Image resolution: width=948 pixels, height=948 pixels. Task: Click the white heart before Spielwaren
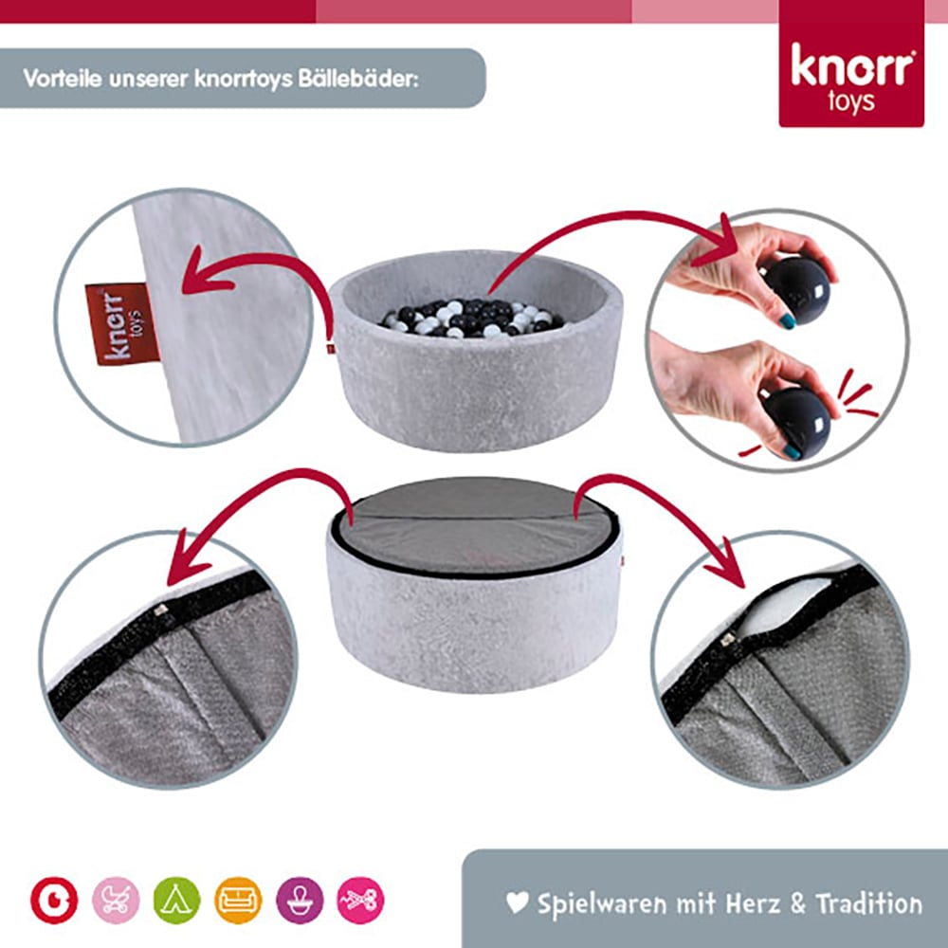pos(517,902)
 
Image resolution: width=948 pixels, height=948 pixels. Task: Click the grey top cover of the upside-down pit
pos(474,521)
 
